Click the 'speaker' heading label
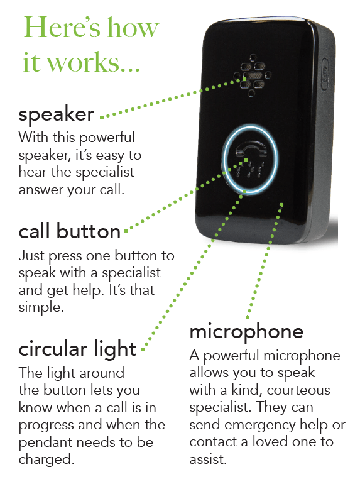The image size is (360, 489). coord(56,115)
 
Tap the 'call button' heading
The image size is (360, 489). coord(70,231)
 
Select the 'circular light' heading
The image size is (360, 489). coord(77,349)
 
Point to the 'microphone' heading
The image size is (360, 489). coord(246,332)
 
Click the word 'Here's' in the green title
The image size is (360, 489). coord(62,28)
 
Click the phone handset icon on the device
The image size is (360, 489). coord(251,149)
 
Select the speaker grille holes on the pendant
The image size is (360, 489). coord(253,75)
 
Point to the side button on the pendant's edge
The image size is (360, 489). coord(324,74)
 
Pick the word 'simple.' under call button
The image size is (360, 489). coord(41,307)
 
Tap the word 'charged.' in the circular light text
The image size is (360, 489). coord(46,459)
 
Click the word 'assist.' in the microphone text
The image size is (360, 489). coord(208,459)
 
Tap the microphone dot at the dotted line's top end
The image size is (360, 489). coord(281,204)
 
